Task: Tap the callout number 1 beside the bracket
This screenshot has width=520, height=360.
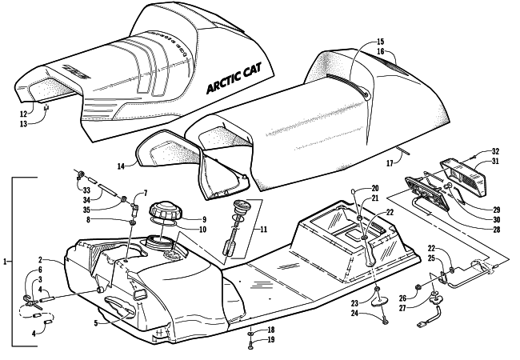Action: [x=7, y=262]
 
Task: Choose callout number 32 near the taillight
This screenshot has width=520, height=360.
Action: [x=495, y=151]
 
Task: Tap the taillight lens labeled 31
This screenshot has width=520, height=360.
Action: [x=473, y=171]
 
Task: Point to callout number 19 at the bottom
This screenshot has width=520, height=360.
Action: [x=270, y=340]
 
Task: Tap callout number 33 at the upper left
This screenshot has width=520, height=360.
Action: [x=85, y=190]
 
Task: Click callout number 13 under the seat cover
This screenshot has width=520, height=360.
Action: [x=23, y=124]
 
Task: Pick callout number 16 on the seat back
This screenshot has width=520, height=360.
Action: [x=380, y=52]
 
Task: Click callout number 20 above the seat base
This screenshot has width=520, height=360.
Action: [x=374, y=189]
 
